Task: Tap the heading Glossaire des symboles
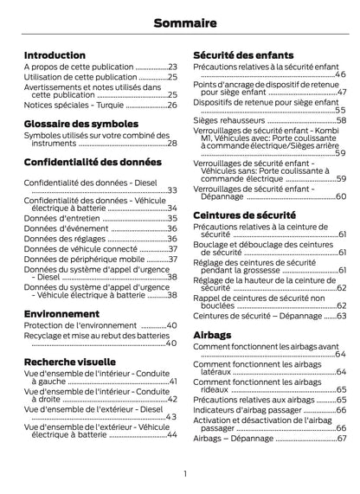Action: coord(81,124)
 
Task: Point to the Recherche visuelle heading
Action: coord(70,361)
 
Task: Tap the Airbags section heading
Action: coord(212,334)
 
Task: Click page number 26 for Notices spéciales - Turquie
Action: coord(171,105)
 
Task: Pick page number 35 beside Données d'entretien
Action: coord(171,219)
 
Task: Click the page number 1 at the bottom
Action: coord(184,473)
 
